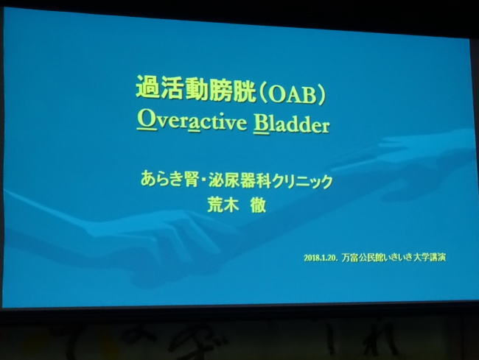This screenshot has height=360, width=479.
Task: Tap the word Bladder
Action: tap(291, 124)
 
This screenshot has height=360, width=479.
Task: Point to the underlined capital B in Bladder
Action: tap(261, 124)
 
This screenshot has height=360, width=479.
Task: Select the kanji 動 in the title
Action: tap(196, 89)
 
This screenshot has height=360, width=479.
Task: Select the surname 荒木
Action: tap(223, 205)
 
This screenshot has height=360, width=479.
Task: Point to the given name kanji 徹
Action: tap(258, 205)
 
